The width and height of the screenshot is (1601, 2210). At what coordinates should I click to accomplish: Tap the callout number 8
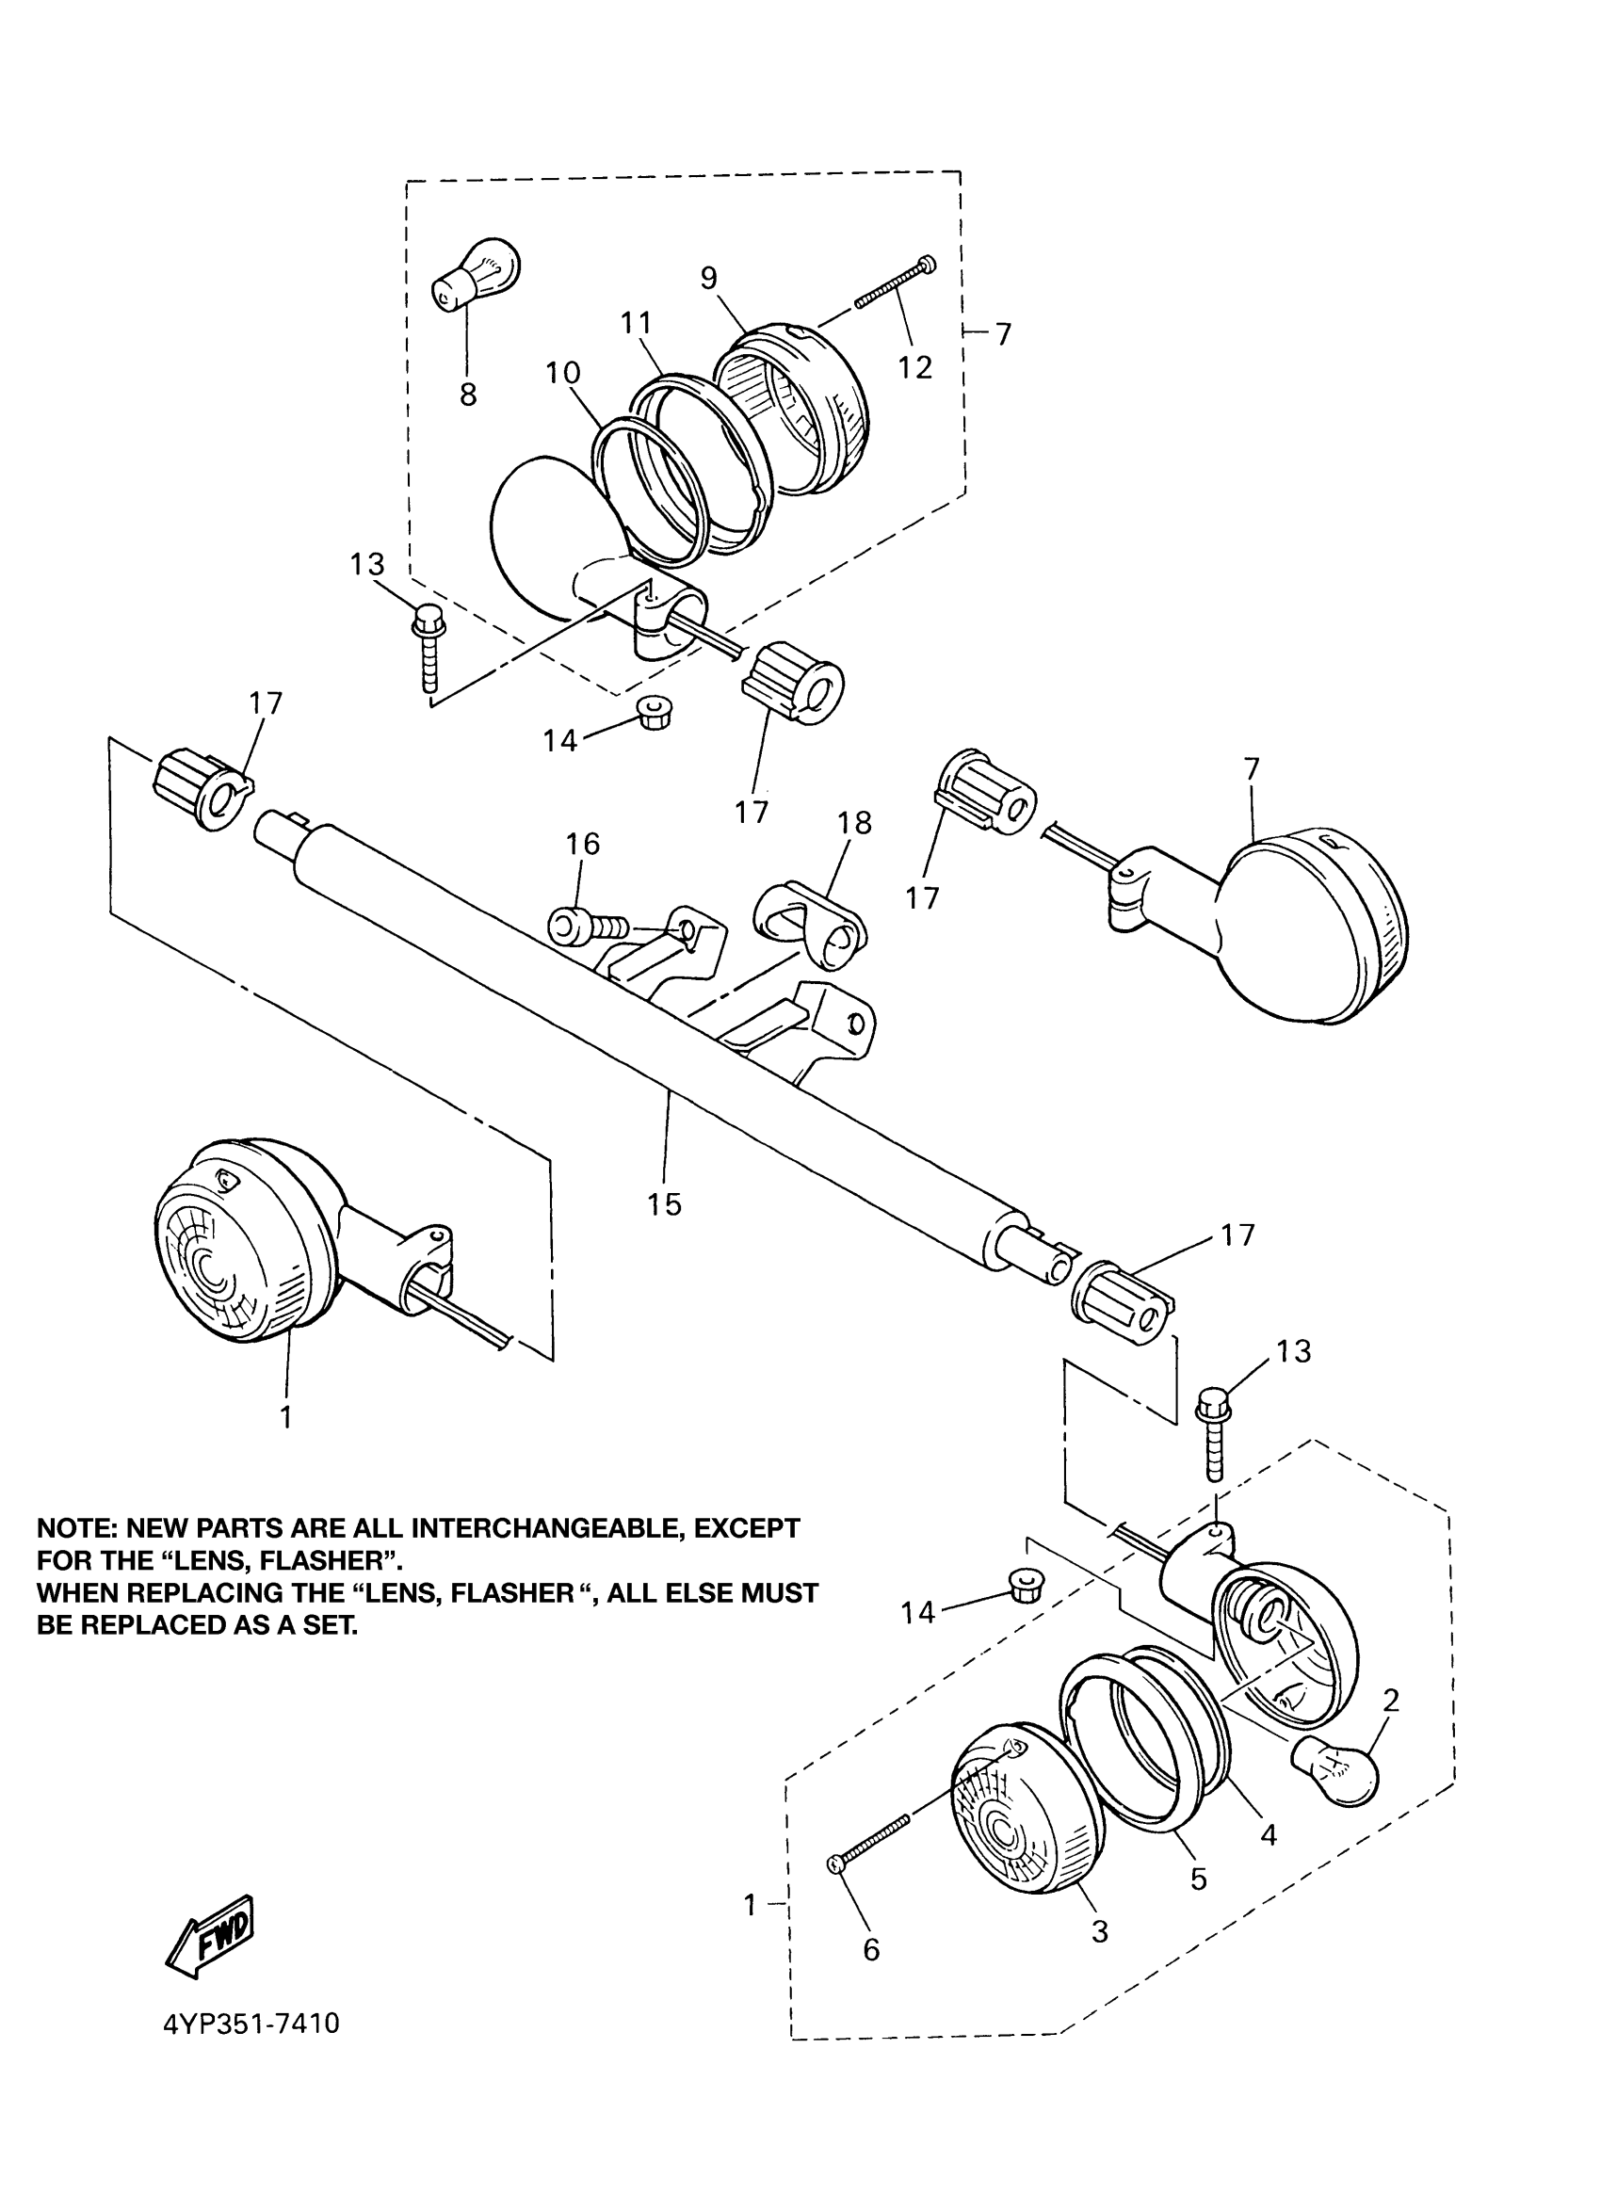468,395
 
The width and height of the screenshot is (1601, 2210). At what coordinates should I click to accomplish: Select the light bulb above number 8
477,273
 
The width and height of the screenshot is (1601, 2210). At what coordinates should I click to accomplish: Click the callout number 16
583,843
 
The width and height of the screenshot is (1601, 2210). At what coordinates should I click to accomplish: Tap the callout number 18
854,822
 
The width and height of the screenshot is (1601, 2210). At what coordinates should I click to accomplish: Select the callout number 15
665,1203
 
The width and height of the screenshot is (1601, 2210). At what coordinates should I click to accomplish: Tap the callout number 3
1099,1930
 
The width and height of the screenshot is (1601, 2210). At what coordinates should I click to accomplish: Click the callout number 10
563,372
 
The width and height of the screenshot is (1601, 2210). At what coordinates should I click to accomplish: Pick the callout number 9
708,278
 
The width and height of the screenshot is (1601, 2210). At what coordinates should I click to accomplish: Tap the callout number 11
637,323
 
